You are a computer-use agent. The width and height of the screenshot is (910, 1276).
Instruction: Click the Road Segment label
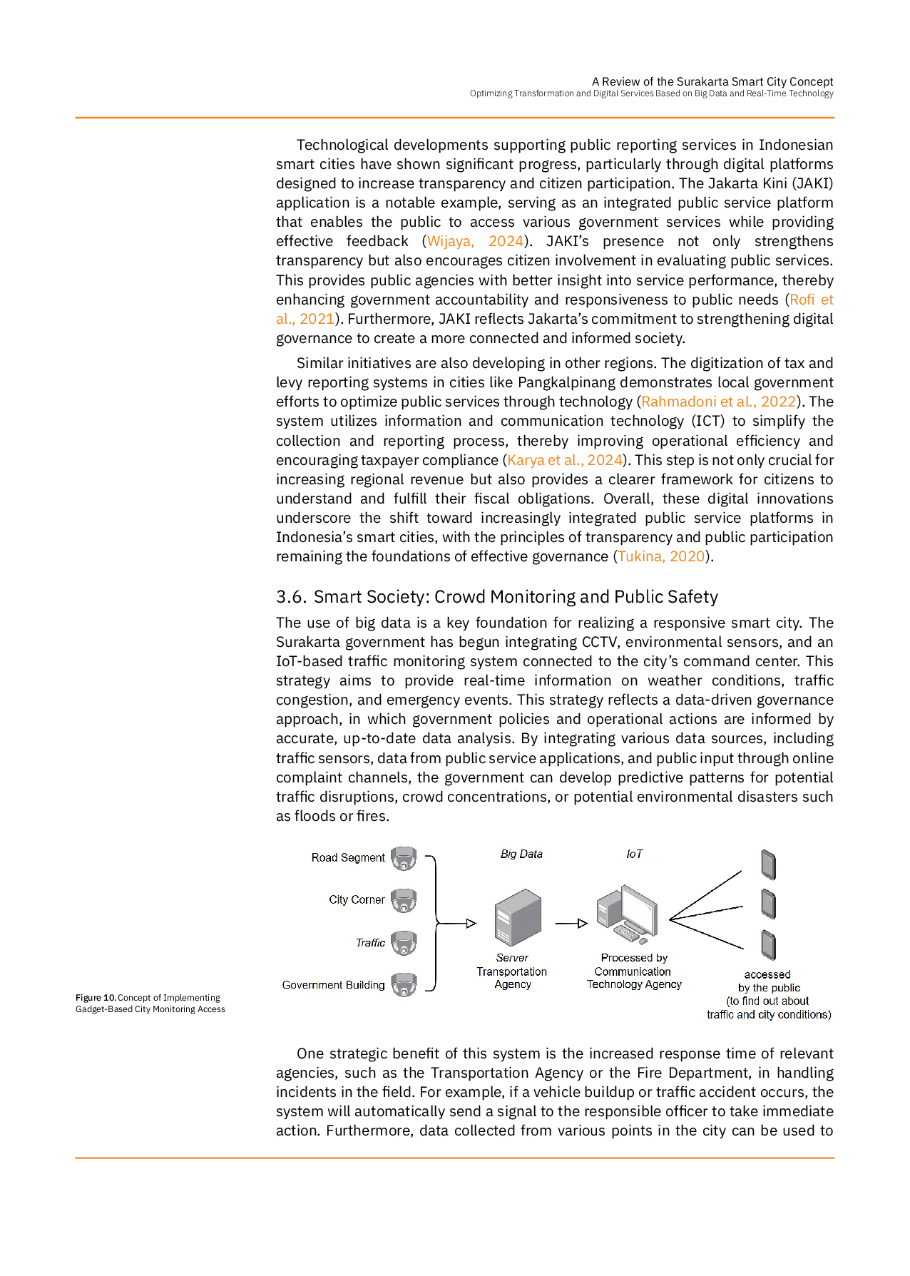tap(347, 857)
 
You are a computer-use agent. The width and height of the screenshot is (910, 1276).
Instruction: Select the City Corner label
tap(357, 899)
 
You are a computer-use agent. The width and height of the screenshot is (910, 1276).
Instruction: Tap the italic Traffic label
tap(370, 942)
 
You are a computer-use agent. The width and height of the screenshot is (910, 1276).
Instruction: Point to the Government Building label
tap(333, 985)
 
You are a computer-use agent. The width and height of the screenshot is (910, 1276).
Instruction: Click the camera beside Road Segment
tap(404, 859)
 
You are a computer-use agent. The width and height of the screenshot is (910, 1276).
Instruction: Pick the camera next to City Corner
tap(404, 901)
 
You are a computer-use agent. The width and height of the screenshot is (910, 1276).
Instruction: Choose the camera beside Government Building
tap(404, 985)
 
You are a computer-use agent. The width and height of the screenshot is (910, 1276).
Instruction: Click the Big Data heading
tap(521, 854)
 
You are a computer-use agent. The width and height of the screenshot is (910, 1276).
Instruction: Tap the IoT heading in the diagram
tap(634, 854)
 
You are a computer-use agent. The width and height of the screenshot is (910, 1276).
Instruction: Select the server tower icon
tap(517, 917)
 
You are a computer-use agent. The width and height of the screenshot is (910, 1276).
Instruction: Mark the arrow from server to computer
tap(571, 924)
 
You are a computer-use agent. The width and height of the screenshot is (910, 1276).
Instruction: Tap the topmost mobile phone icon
tap(768, 865)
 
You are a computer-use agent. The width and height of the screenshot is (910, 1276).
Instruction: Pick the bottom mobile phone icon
tap(768, 945)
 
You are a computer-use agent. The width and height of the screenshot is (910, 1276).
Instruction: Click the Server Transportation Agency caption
tap(512, 971)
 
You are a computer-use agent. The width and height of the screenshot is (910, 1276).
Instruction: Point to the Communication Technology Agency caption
tap(633, 971)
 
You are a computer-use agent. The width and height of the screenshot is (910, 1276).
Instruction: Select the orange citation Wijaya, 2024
tap(475, 242)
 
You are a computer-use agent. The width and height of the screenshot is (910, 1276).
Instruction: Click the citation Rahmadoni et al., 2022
tap(718, 402)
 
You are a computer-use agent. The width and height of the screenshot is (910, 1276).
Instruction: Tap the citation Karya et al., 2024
tap(565, 459)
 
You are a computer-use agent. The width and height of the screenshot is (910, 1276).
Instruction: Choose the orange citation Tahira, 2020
tap(662, 556)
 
